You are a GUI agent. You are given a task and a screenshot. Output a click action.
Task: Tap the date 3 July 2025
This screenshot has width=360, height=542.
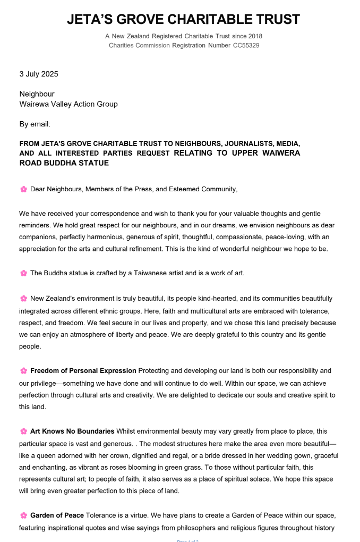(x=39, y=74)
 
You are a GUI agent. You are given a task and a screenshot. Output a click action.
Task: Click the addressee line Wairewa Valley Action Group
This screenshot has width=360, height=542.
(x=68, y=104)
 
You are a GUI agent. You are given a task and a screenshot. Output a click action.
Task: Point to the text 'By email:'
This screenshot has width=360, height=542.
(x=35, y=124)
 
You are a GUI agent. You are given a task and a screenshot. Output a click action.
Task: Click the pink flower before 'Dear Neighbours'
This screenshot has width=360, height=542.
(x=23, y=189)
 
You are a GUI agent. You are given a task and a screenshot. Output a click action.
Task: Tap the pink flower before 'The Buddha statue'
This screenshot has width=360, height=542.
(x=23, y=273)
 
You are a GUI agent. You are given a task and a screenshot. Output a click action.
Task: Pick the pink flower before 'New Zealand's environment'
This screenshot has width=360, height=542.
(x=23, y=299)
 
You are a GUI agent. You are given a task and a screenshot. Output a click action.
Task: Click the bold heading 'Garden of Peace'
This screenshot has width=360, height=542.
(x=57, y=515)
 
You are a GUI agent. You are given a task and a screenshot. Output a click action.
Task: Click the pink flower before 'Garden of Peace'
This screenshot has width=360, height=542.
(x=23, y=515)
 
